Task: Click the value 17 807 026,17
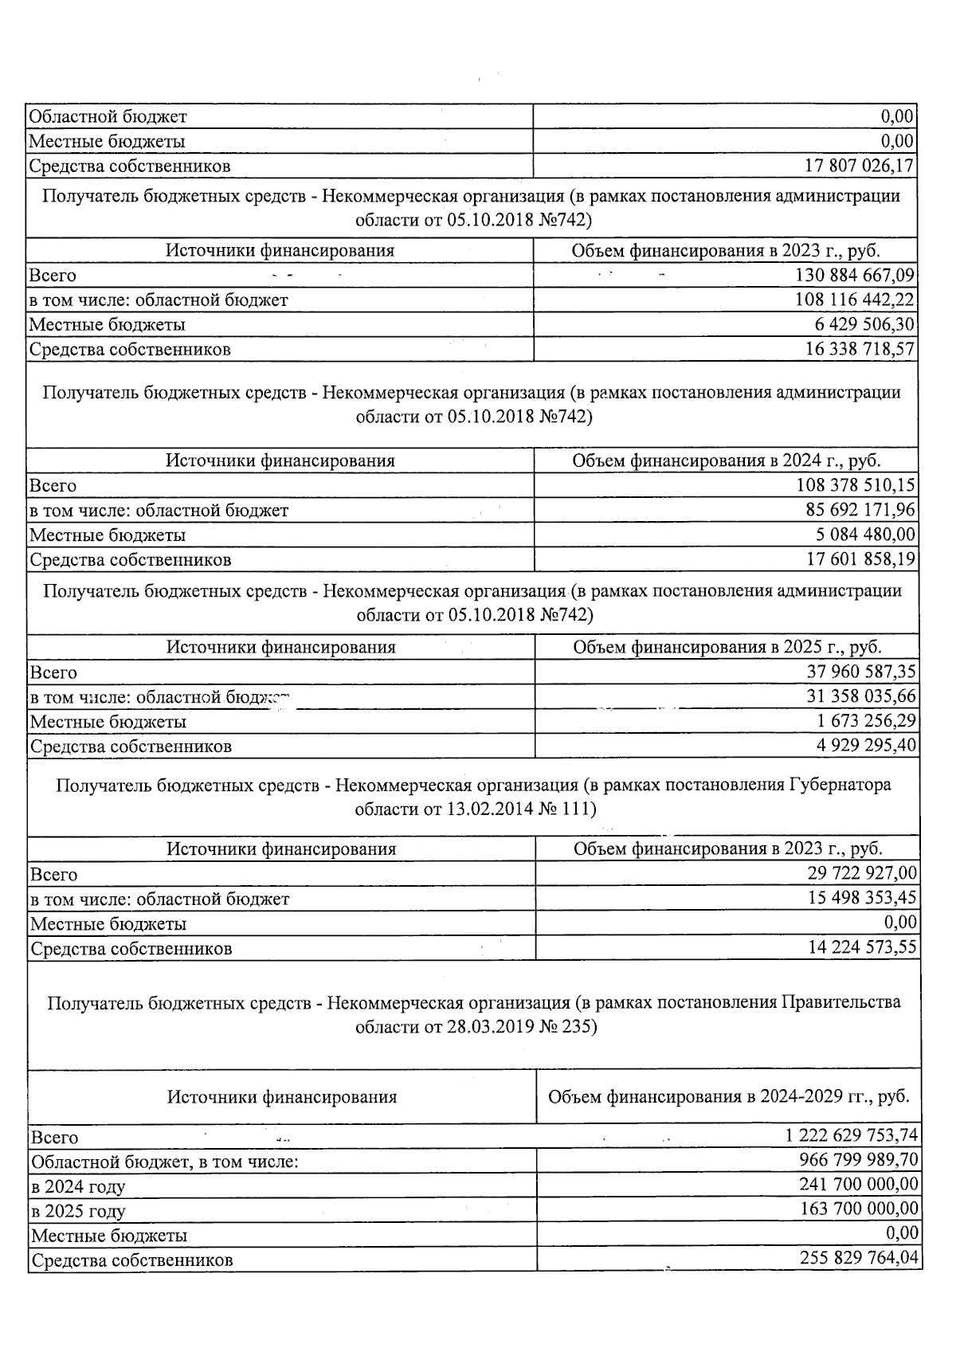(860, 166)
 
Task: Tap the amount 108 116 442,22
(856, 300)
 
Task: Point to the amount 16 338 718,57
(860, 349)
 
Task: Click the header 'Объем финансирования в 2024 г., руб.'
(727, 460)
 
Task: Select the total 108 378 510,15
(856, 485)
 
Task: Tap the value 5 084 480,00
(866, 535)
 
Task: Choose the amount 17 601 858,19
(861, 559)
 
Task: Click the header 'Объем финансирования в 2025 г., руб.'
(727, 647)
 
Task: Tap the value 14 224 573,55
(863, 947)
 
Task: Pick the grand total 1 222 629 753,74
(847, 1136)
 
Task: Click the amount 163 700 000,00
(859, 1209)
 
